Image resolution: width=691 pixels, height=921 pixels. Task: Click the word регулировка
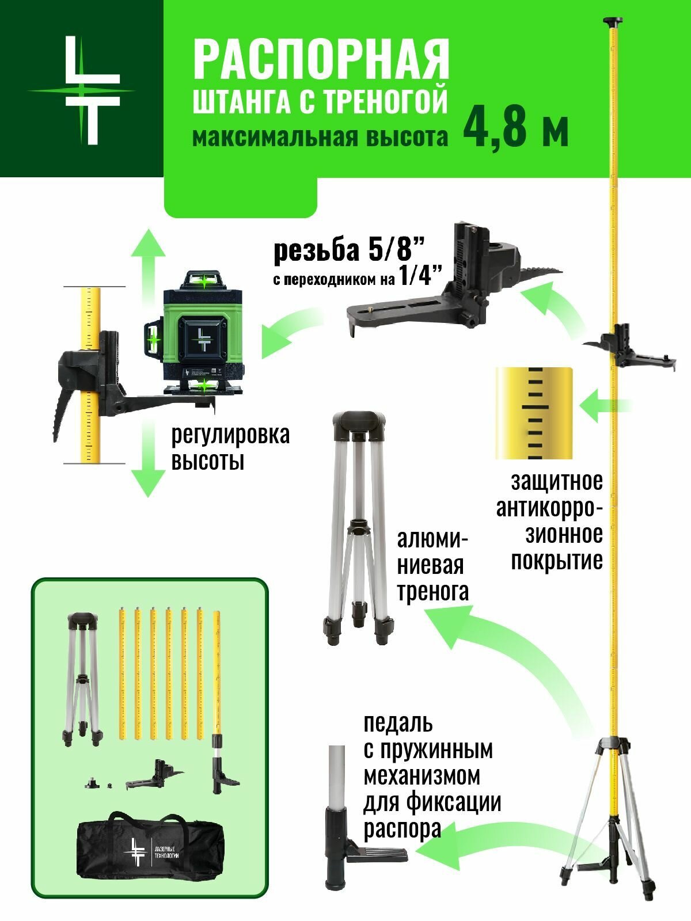point(230,435)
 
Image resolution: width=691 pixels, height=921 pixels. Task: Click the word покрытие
point(556,560)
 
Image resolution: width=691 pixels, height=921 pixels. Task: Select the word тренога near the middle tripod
point(432,591)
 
